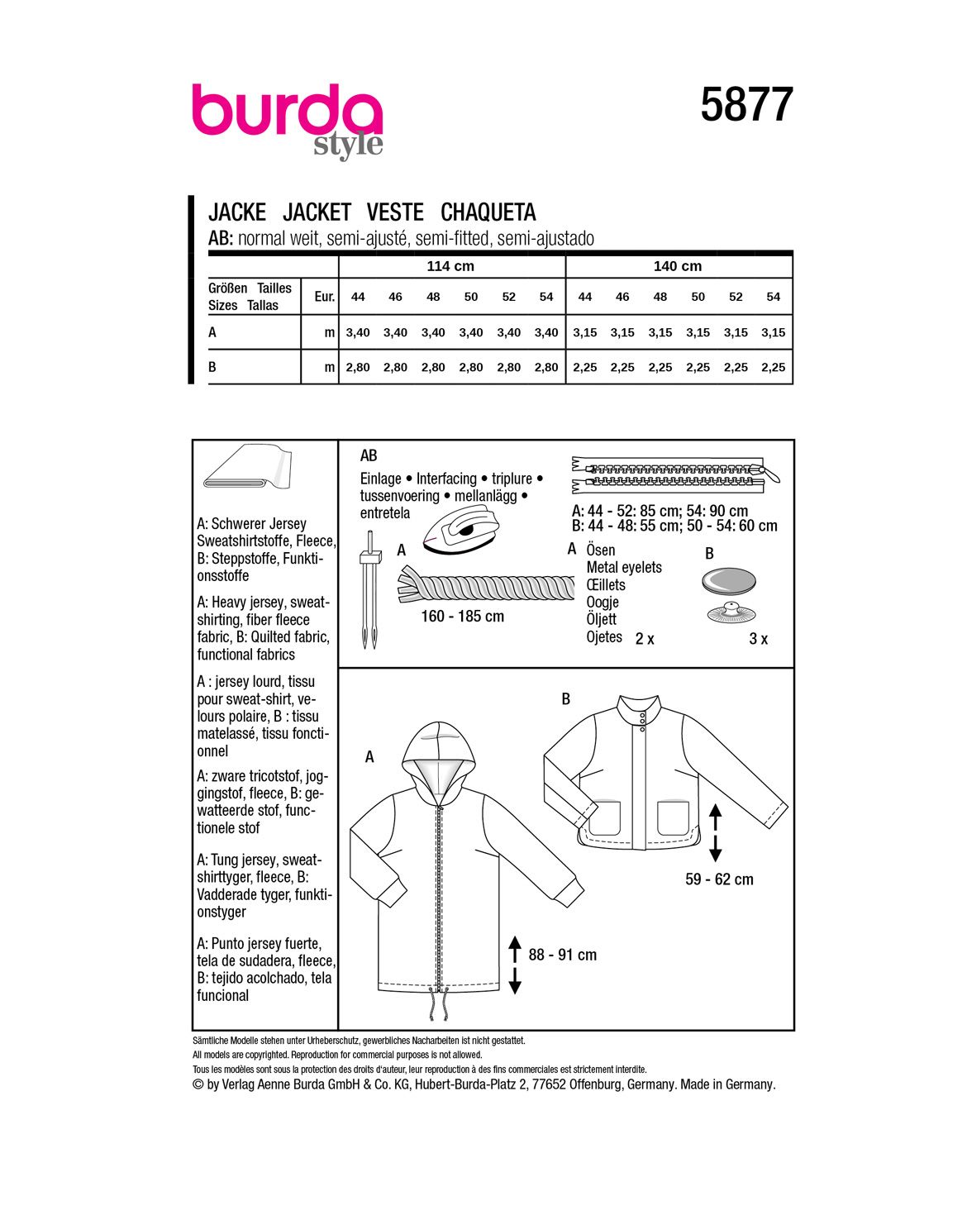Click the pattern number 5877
(x=746, y=105)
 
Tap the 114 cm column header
(x=450, y=266)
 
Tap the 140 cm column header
(x=678, y=266)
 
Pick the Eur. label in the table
(x=324, y=297)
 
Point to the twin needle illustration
(x=369, y=591)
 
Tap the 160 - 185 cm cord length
(x=462, y=617)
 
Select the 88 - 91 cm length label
(x=562, y=955)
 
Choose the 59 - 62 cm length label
(x=719, y=879)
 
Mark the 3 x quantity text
(x=758, y=639)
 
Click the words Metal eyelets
(x=624, y=568)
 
